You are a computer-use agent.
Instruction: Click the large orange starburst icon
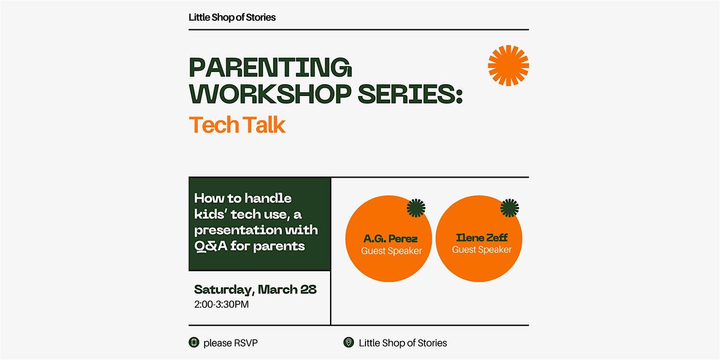tap(508, 65)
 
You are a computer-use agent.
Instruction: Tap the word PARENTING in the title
tap(271, 67)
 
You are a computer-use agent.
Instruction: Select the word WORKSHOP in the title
tap(271, 94)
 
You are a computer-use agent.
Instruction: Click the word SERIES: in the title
tap(410, 94)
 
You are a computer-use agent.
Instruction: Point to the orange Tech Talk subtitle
tap(237, 125)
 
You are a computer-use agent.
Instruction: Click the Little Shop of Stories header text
tap(232, 17)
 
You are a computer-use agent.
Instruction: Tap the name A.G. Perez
tap(391, 239)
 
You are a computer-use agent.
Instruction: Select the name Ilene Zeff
tap(481, 238)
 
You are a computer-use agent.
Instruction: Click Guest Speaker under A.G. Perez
tap(391, 251)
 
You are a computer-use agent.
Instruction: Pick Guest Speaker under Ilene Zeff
tap(481, 250)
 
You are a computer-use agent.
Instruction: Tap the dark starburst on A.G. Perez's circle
tap(416, 208)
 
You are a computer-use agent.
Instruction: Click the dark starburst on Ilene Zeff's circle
tap(509, 208)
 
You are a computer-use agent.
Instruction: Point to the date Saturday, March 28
tap(255, 290)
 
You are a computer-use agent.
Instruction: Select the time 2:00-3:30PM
tap(221, 304)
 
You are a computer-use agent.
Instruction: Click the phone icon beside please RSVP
tap(194, 343)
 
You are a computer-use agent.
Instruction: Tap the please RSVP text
tap(230, 343)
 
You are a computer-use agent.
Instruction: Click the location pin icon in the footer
tap(349, 343)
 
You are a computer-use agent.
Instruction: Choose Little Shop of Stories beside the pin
tap(403, 343)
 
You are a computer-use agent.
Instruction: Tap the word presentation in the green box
tap(236, 230)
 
